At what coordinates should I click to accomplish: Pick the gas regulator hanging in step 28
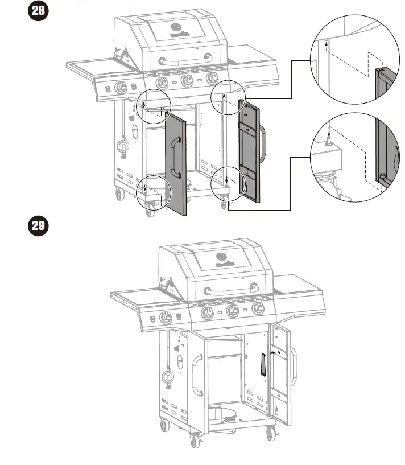(122, 147)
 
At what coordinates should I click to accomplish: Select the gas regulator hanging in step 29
(167, 376)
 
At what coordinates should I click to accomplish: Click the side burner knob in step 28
(121, 88)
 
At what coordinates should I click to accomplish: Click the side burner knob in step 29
(166, 319)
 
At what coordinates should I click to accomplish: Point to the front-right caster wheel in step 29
(269, 434)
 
